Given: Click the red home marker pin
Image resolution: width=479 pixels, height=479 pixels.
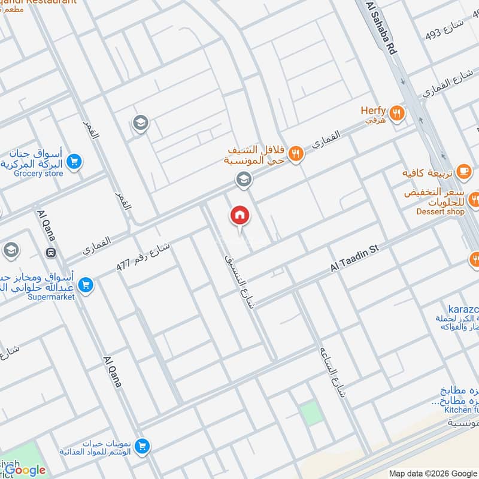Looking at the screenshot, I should (x=239, y=216).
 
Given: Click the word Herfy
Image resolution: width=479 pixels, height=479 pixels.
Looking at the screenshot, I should (x=373, y=111).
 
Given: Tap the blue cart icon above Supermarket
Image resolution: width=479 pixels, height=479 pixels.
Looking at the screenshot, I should (x=86, y=285).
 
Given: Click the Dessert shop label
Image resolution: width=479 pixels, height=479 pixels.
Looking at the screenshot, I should (x=441, y=211).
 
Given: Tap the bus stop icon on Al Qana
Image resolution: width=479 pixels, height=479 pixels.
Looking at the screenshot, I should (x=51, y=252).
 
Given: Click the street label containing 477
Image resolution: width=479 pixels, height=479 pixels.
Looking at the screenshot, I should (x=143, y=259).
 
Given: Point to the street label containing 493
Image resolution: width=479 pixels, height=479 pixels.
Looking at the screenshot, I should (x=447, y=28).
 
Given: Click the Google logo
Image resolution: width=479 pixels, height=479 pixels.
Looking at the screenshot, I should (x=25, y=470).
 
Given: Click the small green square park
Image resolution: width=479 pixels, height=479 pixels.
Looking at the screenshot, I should (x=310, y=414).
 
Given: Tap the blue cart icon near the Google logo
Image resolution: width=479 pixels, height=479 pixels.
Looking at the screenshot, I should (x=142, y=445).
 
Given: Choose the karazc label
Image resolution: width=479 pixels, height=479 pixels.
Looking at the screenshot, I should (x=457, y=308).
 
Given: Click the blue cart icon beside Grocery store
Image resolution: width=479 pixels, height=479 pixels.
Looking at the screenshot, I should (x=74, y=161).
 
